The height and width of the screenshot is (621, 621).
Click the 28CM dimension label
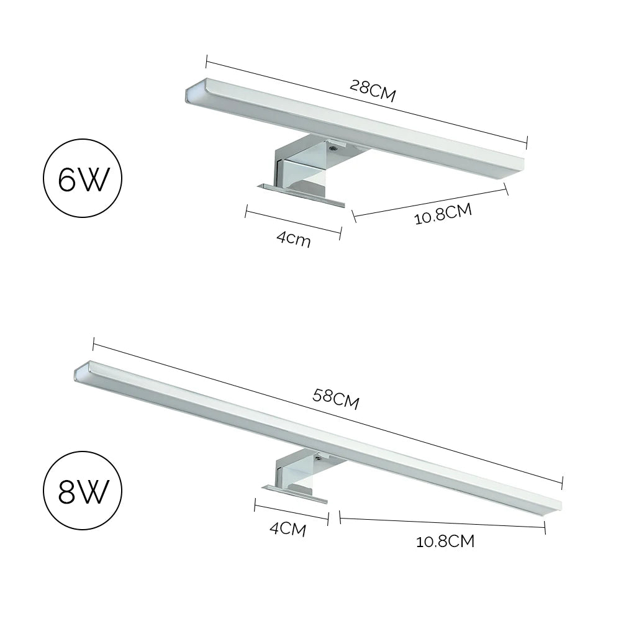click(x=373, y=91)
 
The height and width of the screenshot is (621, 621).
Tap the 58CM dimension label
click(x=336, y=399)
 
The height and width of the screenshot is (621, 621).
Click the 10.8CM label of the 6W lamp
click(x=443, y=214)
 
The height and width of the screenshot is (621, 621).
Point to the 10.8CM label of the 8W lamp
click(x=445, y=542)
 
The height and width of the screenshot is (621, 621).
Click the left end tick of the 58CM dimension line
click(x=93, y=343)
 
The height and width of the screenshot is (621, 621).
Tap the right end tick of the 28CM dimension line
click(x=527, y=142)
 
